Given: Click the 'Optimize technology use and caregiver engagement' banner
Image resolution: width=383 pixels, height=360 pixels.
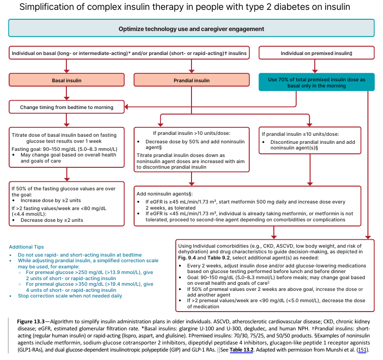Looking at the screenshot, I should point(191,29).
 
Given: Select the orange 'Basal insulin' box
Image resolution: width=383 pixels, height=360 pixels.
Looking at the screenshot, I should point(66,80).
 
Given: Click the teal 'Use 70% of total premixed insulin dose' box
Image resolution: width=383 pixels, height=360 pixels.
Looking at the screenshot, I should point(317,83).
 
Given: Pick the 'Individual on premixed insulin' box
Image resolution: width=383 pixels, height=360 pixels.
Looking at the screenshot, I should point(317,53).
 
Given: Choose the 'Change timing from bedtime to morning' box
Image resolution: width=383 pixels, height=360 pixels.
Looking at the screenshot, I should point(66,107).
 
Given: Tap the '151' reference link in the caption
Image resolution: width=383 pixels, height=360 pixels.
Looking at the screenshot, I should point(363,350).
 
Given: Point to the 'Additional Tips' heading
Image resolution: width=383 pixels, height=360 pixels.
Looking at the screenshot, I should point(26,247).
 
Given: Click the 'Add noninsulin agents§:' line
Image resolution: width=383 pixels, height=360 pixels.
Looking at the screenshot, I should point(164,194).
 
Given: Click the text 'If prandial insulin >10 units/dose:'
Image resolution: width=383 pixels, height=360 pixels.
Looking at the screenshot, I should point(191,133).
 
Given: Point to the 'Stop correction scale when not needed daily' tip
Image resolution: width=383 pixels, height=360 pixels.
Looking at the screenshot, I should point(69,296).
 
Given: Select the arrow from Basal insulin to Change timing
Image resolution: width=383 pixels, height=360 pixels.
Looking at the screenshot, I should point(66,94).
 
